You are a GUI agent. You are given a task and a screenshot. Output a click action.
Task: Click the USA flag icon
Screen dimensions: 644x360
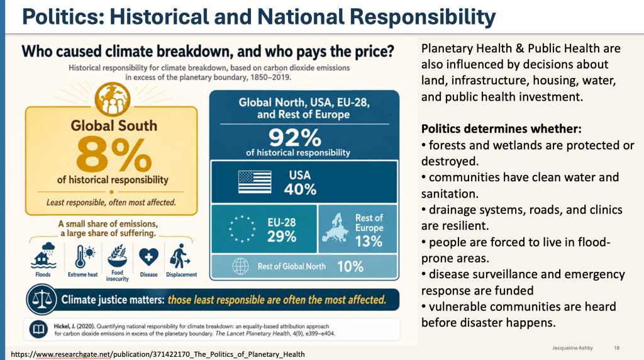(255, 182)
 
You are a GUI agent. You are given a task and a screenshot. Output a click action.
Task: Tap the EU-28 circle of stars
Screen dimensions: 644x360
(242, 228)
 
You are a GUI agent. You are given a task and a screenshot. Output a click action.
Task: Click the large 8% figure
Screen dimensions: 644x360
(114, 155)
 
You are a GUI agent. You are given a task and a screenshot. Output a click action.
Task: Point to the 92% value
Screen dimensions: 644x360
(295, 138)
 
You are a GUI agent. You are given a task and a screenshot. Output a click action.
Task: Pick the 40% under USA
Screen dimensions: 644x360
(300, 189)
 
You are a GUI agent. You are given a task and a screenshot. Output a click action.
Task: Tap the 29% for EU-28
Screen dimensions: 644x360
(282, 236)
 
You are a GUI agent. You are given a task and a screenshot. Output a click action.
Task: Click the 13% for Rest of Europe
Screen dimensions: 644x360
(369, 241)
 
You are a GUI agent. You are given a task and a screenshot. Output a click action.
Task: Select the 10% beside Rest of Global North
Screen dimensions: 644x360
(350, 267)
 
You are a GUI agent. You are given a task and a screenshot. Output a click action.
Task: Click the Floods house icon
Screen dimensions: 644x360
(43, 255)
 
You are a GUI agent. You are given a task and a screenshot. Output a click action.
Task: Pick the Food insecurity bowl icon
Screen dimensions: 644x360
(118, 256)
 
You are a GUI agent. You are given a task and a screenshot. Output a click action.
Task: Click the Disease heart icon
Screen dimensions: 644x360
(148, 257)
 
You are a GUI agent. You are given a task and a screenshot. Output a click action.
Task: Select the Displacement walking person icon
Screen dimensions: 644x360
(179, 256)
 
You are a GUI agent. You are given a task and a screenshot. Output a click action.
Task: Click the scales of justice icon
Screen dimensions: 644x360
(42, 300)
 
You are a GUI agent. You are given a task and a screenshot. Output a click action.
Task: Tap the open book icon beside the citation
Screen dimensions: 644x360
(38, 329)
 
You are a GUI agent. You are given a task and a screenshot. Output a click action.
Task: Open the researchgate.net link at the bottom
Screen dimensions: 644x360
(158, 354)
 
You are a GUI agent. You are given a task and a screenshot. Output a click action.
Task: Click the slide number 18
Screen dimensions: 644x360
(616, 348)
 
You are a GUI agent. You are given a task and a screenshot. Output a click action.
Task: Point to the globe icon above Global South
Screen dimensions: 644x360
(113, 99)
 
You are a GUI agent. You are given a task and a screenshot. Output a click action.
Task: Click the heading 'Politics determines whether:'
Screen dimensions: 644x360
(501, 129)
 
